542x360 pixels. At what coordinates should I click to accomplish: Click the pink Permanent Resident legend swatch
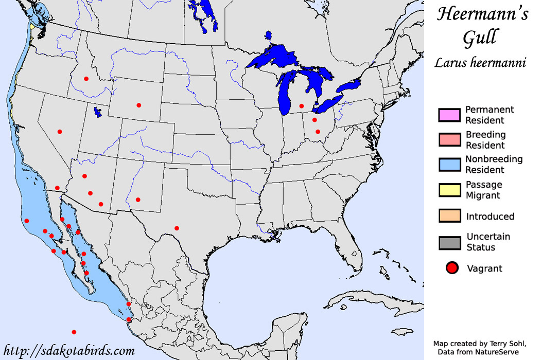(x=449, y=115)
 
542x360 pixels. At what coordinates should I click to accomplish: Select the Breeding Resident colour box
(x=449, y=140)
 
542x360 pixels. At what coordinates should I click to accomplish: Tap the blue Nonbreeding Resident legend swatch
(x=449, y=165)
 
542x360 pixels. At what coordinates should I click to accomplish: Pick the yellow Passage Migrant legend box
(x=449, y=190)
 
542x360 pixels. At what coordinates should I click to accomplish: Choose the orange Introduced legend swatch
(x=449, y=216)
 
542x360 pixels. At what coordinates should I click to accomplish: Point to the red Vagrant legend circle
(x=452, y=268)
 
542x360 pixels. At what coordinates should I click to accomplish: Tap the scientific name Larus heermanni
(x=480, y=63)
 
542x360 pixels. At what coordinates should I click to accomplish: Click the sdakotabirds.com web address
(x=68, y=351)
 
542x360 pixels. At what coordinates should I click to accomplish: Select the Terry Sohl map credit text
(x=486, y=343)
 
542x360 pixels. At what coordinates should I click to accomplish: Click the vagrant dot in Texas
(x=177, y=228)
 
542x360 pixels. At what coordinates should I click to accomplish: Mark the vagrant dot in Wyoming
(x=138, y=105)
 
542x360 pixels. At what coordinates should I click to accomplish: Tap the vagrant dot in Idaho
(x=86, y=79)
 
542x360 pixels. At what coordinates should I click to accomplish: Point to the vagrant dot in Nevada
(x=60, y=132)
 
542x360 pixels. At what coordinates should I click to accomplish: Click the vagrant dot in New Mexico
(x=138, y=200)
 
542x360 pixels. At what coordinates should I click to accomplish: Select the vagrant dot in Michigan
(x=302, y=106)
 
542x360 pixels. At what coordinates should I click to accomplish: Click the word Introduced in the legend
(x=490, y=217)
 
